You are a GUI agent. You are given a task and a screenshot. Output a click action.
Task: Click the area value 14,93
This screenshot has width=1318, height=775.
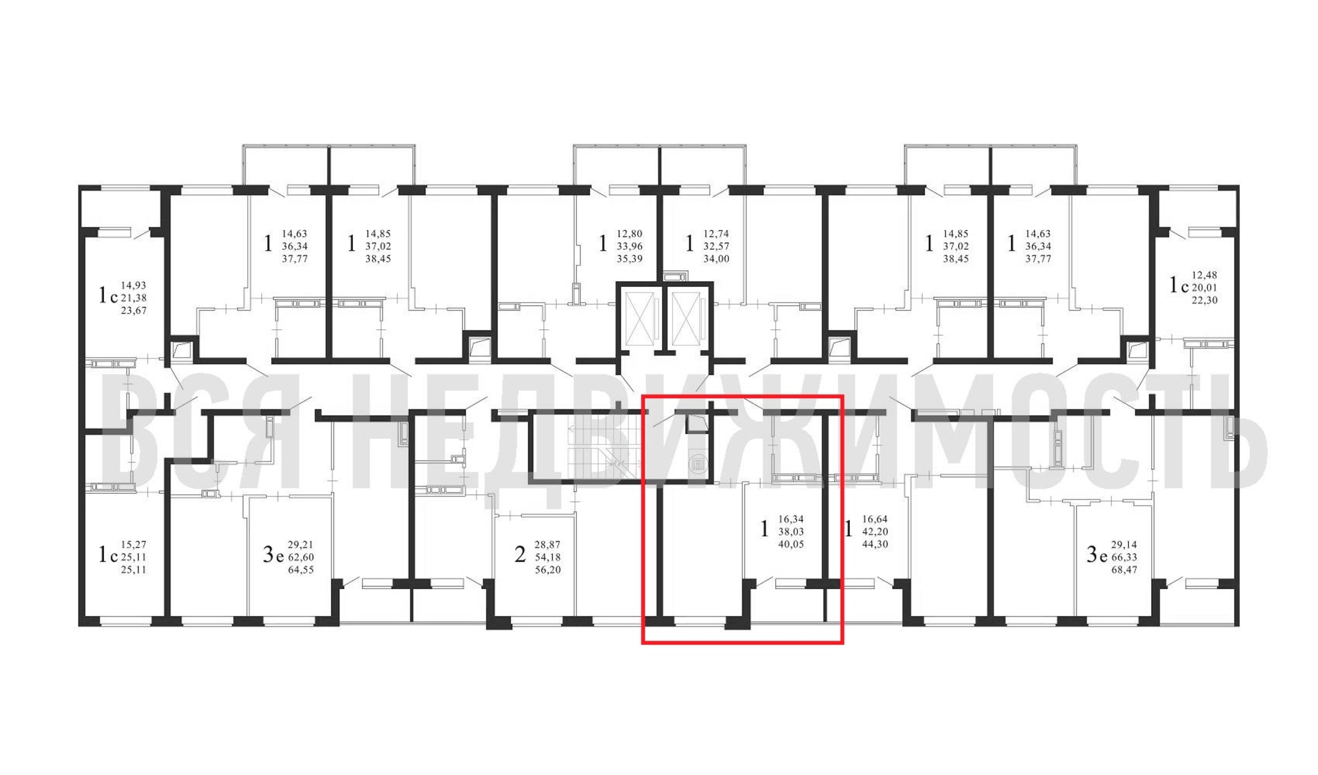click(x=133, y=286)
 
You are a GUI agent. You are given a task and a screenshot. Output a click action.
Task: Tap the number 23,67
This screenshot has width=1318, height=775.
click(x=133, y=311)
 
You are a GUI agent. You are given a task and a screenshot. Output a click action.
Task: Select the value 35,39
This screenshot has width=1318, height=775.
click(x=629, y=259)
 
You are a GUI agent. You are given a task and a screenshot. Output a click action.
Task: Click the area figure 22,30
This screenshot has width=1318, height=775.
click(x=1204, y=300)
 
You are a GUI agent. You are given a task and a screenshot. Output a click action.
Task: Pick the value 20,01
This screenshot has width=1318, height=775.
click(x=1204, y=288)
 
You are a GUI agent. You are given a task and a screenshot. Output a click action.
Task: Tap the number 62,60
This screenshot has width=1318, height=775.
click(x=301, y=558)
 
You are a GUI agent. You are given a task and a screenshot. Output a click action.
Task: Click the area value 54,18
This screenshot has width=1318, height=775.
click(x=548, y=558)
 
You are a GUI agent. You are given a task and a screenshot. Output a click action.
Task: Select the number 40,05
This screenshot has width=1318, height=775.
click(x=791, y=544)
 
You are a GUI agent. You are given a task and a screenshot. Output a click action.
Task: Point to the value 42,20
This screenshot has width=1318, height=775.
click(x=875, y=532)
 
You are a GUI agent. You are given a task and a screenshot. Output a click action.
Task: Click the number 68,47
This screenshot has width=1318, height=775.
click(x=1124, y=570)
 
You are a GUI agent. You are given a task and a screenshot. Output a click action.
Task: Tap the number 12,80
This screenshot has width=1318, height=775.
click(x=629, y=234)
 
